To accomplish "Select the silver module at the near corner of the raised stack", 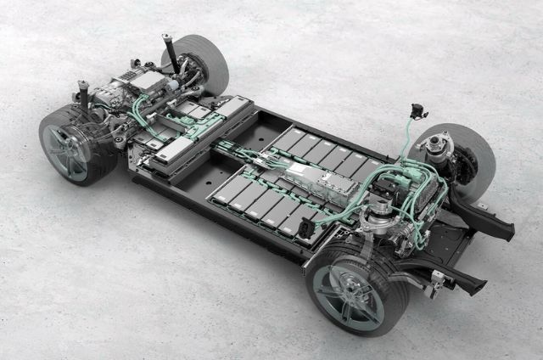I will click(173, 149).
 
